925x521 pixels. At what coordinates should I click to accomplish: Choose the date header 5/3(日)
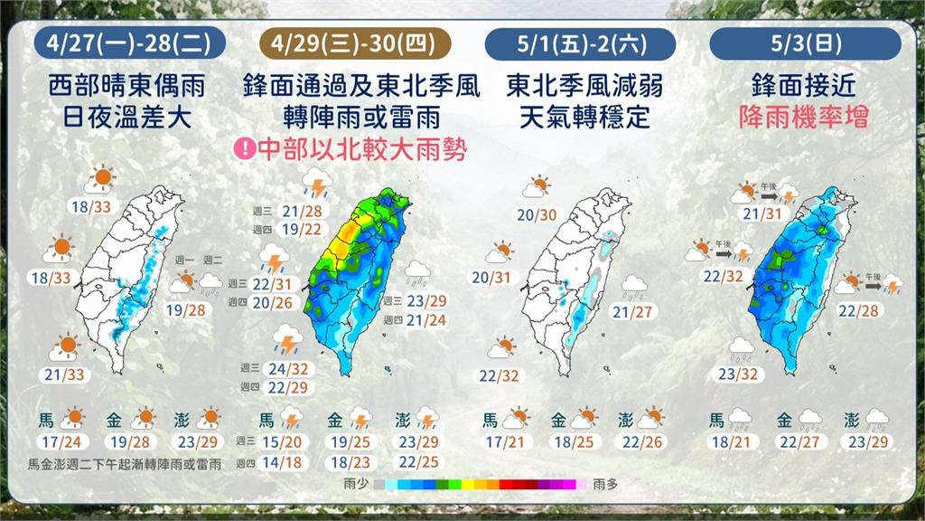tap(806, 43)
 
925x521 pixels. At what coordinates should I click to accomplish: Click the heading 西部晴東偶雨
tap(128, 87)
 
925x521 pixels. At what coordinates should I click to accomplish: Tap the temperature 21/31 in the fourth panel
tap(761, 213)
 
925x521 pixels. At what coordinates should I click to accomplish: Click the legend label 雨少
tap(356, 485)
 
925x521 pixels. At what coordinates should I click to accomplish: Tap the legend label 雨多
tap(606, 485)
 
